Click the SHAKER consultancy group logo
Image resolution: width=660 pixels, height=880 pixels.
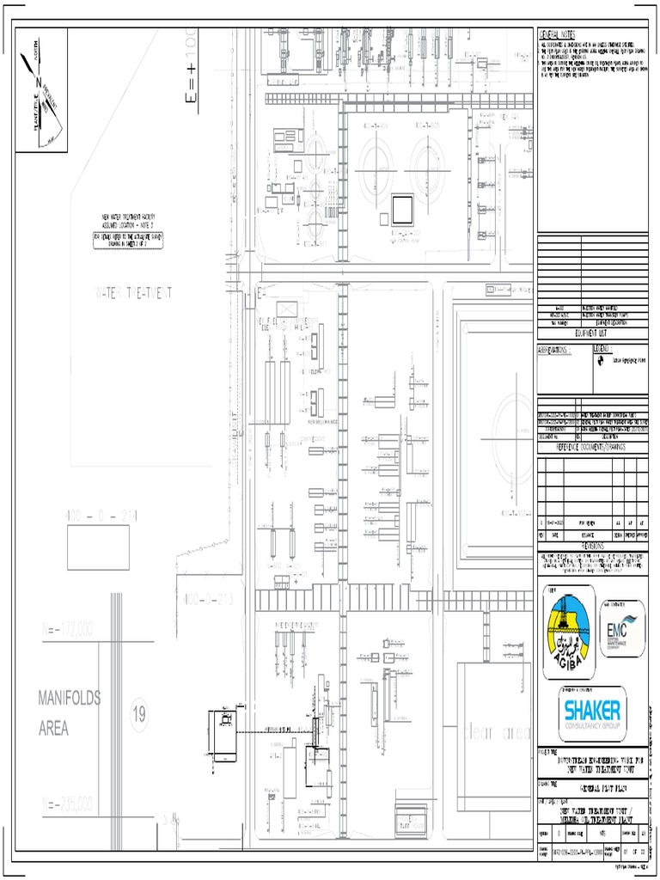pyautogui.click(x=592, y=713)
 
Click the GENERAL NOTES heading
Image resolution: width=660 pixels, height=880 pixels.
pyautogui.click(x=558, y=33)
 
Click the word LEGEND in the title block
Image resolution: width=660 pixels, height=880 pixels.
pyautogui.click(x=602, y=350)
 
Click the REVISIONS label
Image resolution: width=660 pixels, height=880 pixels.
pyautogui.click(x=592, y=546)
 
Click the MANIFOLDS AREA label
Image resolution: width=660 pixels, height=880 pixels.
pyautogui.click(x=69, y=713)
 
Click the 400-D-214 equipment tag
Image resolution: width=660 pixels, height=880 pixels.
pyautogui.click(x=101, y=515)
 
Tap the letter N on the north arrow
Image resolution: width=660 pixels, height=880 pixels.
pyautogui.click(x=38, y=83)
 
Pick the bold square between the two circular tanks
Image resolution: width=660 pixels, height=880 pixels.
pyautogui.click(x=401, y=208)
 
